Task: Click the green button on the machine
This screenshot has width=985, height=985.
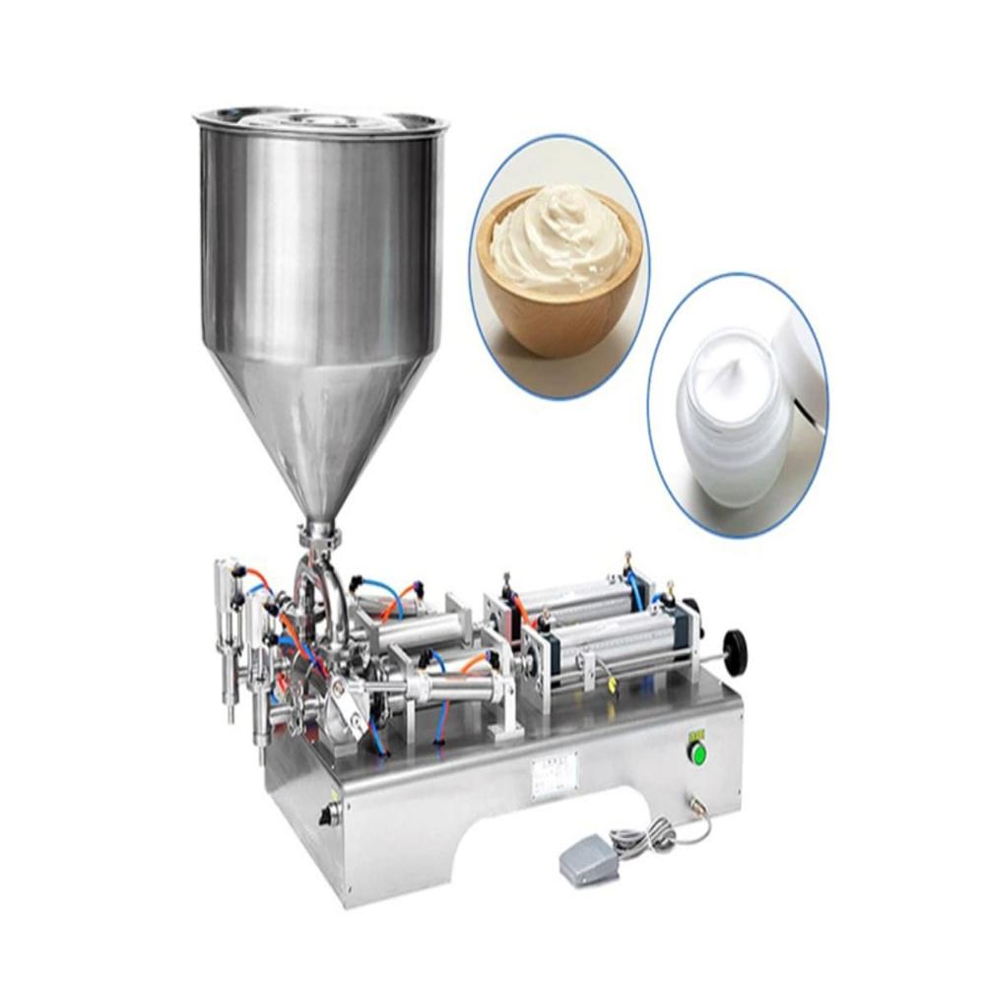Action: pos(697,755)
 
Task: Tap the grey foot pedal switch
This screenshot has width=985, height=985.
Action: pos(587,862)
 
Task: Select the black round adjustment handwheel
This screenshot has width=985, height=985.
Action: pos(734,651)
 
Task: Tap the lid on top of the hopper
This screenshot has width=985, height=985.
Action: pos(321,121)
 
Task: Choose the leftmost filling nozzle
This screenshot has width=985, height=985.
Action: pos(229,640)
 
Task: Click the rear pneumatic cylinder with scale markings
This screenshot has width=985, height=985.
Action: pos(571,595)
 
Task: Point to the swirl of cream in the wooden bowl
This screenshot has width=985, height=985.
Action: pos(557,236)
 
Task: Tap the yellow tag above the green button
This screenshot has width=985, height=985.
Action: pos(697,733)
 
